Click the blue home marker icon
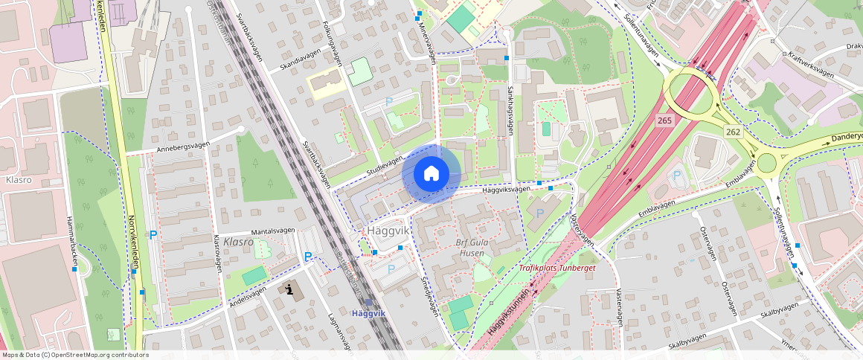pos(431,174)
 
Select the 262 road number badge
pos(734,131)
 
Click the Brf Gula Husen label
pos(471,248)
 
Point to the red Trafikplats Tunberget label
pos(556,267)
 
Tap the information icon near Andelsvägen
pos(290,289)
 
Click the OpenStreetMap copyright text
pos(74,355)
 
